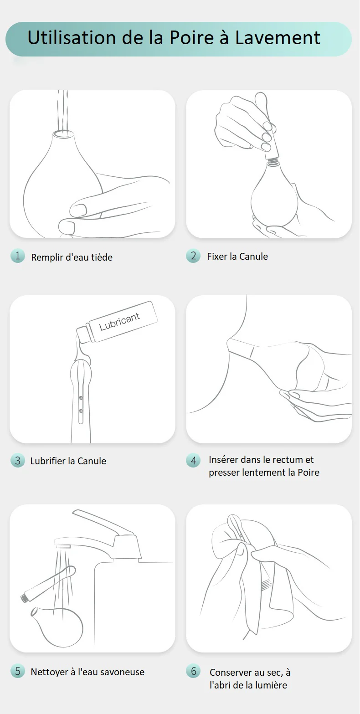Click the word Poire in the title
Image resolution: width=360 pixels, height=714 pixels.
[191, 38]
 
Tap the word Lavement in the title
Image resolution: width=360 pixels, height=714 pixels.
[278, 38]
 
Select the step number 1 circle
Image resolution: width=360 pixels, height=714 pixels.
[17, 256]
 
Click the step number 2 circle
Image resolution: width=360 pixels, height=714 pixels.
[193, 256]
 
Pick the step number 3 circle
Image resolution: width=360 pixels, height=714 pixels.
[17, 461]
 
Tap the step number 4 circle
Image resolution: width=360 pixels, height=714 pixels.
[193, 461]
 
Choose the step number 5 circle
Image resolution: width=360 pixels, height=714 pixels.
[17, 671]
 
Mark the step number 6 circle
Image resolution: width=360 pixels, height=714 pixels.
[193, 671]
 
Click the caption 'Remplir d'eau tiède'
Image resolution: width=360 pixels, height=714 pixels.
[72, 257]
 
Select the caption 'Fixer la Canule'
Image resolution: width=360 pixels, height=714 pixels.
[237, 256]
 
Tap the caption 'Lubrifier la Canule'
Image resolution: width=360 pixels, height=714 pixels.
[68, 461]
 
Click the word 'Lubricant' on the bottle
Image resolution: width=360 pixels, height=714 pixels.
[119, 321]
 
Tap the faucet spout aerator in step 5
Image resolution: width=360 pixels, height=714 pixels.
[63, 546]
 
